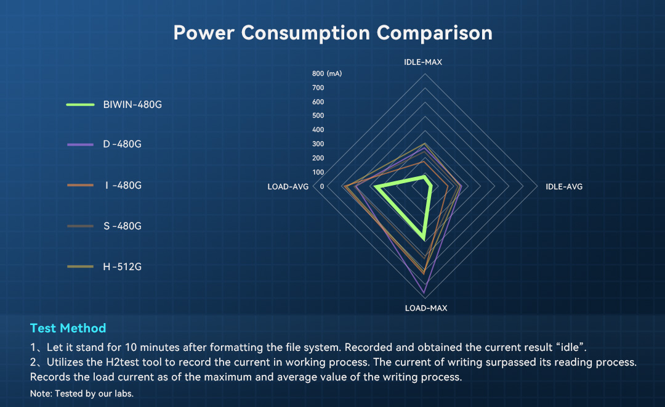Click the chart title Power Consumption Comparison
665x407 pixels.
click(333, 33)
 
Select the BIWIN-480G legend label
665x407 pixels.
click(132, 104)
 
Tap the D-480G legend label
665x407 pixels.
click(122, 144)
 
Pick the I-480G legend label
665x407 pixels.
click(123, 185)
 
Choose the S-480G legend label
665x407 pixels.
click(123, 226)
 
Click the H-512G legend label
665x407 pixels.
click(122, 267)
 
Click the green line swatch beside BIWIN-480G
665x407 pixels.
click(80, 104)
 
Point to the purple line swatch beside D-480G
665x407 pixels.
click(80, 144)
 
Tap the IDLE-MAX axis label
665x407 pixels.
click(423, 62)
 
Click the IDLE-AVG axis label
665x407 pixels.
click(564, 186)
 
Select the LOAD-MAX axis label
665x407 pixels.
click(426, 308)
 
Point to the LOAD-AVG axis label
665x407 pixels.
click(288, 186)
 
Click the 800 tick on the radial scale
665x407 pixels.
click(318, 73)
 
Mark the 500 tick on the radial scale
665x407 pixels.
click(318, 115)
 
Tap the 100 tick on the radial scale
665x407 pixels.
click(318, 172)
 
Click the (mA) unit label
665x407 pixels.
click(334, 73)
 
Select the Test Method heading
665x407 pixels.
click(68, 328)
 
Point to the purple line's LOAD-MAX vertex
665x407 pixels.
click(424, 293)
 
